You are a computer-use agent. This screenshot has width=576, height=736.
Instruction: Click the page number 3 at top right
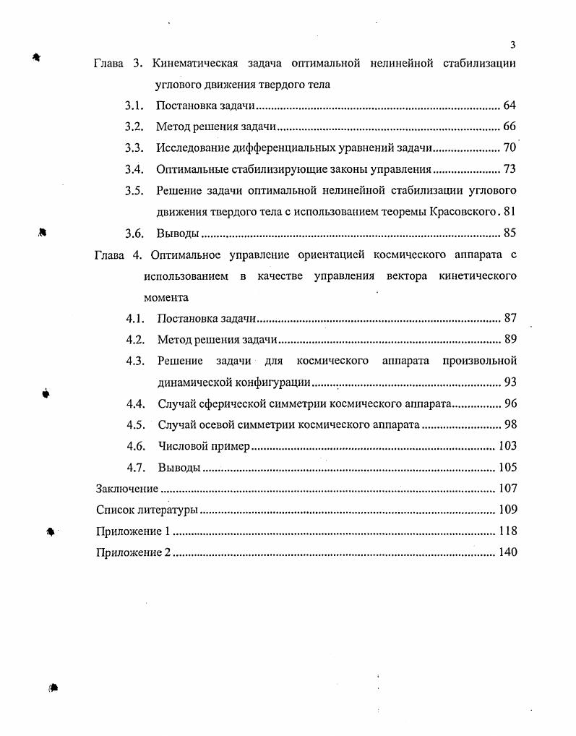[x=512, y=44]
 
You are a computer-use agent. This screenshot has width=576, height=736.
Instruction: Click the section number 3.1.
[x=134, y=106]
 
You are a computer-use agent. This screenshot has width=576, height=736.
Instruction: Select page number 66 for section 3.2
[x=510, y=127]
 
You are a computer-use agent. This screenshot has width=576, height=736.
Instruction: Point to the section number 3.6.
[x=134, y=234]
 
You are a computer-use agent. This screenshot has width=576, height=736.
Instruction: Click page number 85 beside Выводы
[x=510, y=234]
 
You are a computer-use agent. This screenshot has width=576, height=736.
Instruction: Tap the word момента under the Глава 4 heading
[x=166, y=297]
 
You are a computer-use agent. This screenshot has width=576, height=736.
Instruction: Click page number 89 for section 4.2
[x=510, y=340]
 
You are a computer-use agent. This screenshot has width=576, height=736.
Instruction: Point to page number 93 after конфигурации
[x=510, y=382]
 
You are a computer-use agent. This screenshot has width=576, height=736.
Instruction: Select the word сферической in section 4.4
[x=238, y=403]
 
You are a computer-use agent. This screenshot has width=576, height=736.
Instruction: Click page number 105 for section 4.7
[x=508, y=467]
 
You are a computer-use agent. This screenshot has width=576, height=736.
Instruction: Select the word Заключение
[x=127, y=489]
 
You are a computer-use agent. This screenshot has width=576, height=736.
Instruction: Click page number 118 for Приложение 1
[x=508, y=531]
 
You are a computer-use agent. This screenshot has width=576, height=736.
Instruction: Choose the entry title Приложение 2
[x=134, y=552]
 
